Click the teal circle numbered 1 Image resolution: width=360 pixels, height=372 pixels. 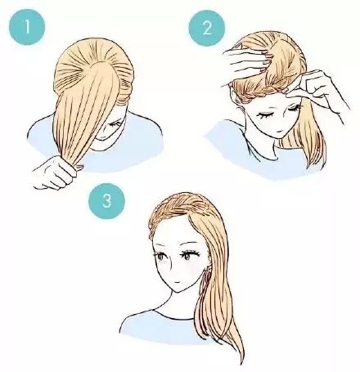pos(27,27)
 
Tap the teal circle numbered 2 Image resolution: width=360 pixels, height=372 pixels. pos(207,28)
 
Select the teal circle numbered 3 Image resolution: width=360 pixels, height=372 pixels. pos(106,201)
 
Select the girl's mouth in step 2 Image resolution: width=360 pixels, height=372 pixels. pos(278,132)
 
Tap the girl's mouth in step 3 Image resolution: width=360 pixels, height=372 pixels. pos(177,282)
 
